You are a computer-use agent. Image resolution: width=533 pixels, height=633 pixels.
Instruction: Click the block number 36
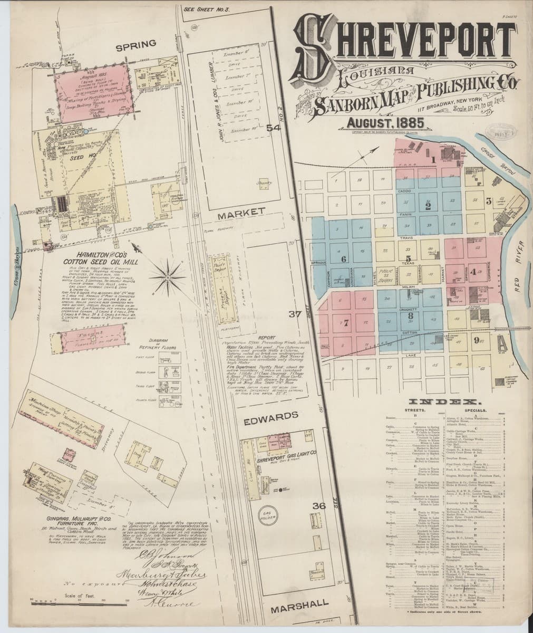point(319,506)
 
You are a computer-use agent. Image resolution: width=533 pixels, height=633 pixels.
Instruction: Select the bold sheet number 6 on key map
point(343,259)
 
